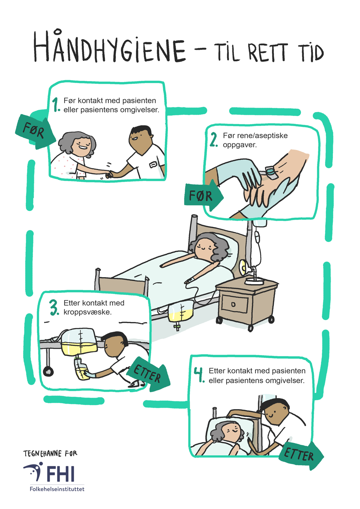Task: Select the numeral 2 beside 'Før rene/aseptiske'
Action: point(214,140)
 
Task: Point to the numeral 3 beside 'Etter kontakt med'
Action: point(54,308)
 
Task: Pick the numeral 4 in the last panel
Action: point(199,374)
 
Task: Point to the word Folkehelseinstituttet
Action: point(57,489)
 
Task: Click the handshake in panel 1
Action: point(109,174)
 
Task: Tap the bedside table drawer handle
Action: point(233,304)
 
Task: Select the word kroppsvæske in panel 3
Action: point(87,312)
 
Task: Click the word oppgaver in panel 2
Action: point(240,145)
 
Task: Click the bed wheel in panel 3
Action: point(48,371)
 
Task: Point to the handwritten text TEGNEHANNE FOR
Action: point(50,453)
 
